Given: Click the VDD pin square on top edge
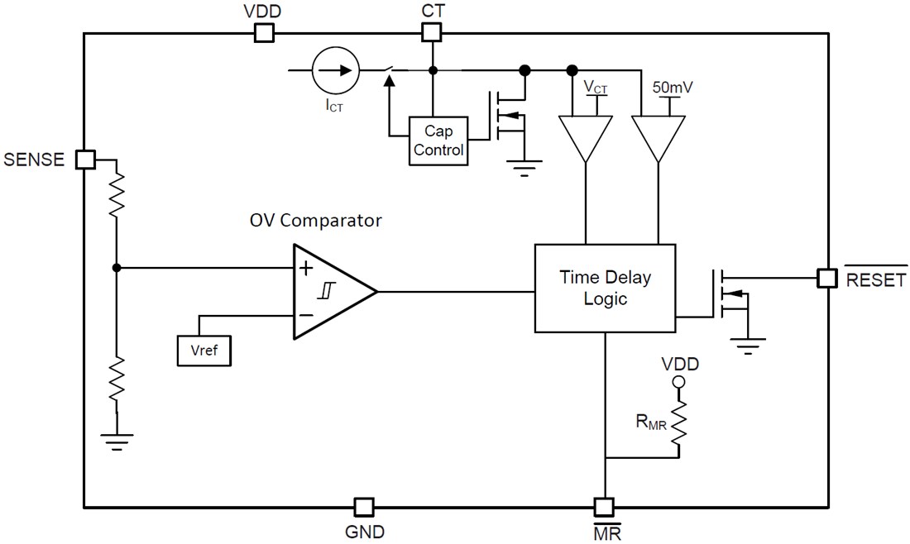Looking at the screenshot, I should (x=263, y=33).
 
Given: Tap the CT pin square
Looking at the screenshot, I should (x=431, y=33).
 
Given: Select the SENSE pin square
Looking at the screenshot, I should (x=85, y=160).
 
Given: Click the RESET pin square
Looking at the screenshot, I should (x=826, y=278).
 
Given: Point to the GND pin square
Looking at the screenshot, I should (x=363, y=506).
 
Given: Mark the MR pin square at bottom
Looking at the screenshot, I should (x=605, y=506).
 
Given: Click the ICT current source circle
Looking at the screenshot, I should (x=336, y=70).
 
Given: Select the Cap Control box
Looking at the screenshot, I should (x=438, y=141).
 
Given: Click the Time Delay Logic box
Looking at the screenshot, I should (x=605, y=288).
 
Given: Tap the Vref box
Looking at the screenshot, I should (x=204, y=350).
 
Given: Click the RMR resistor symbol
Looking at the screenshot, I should (x=679, y=424).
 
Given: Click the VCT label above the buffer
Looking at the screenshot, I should (x=595, y=87).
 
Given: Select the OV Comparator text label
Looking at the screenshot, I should (x=315, y=221).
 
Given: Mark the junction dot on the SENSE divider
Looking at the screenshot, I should (x=117, y=267).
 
